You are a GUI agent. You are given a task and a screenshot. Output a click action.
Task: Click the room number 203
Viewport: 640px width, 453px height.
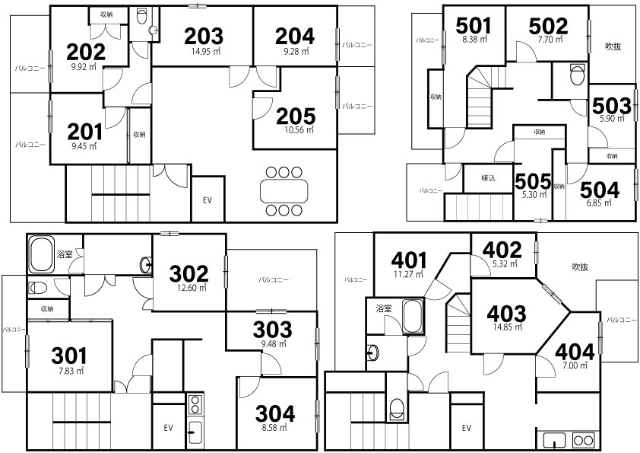pyautogui.click(x=204, y=37)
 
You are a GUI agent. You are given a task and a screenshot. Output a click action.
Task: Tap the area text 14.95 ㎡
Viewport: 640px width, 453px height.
pyautogui.click(x=206, y=52)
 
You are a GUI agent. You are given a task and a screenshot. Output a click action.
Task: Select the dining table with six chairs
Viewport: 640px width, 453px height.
pyautogui.click(x=284, y=191)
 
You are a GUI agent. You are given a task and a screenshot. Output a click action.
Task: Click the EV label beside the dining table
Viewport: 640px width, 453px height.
pyautogui.click(x=208, y=200)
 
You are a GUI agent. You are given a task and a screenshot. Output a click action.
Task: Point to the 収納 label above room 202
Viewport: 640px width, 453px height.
pyautogui.click(x=106, y=14)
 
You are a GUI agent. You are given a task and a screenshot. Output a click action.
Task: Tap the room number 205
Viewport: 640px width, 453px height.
pyautogui.click(x=296, y=116)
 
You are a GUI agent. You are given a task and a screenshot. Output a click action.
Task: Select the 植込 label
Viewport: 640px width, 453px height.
pyautogui.click(x=488, y=178)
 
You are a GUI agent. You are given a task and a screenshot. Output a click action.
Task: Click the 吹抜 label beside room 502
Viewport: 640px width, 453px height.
pyautogui.click(x=613, y=46)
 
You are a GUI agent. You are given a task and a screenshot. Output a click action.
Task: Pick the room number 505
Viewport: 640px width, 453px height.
pyautogui.click(x=533, y=182)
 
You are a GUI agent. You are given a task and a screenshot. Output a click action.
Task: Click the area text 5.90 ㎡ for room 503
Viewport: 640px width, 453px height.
pyautogui.click(x=612, y=119)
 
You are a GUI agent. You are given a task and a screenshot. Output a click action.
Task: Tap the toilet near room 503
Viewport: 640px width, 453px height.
pyautogui.click(x=577, y=74)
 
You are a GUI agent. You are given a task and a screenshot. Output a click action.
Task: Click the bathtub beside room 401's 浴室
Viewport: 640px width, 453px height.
pyautogui.click(x=413, y=317)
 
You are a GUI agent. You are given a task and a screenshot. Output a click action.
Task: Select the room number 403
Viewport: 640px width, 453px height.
pyautogui.click(x=506, y=314)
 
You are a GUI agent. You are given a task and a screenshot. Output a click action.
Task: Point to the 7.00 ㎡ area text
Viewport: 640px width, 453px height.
pyautogui.click(x=575, y=365)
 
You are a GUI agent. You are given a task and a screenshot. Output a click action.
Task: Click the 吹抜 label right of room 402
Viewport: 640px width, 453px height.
pyautogui.click(x=580, y=267)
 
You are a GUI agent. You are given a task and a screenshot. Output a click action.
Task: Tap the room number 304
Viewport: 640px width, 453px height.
pyautogui.click(x=274, y=414)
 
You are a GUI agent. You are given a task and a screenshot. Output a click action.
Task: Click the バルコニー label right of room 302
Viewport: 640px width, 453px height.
pyautogui.click(x=273, y=280)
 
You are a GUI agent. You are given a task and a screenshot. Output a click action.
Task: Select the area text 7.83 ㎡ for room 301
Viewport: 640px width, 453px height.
pyautogui.click(x=71, y=371)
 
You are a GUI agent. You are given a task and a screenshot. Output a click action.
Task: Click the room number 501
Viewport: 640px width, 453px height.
pyautogui.click(x=474, y=26)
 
